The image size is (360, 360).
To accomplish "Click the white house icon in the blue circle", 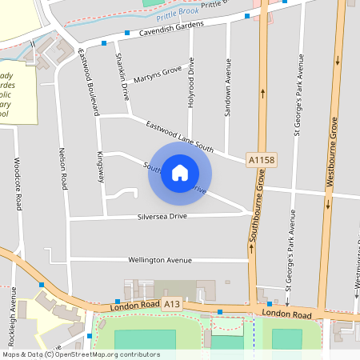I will pos(180,173).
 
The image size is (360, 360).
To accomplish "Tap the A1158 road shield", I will pos(262,161).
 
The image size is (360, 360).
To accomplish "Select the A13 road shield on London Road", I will pos(172,305).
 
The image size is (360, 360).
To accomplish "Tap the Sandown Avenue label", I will pos(228,89).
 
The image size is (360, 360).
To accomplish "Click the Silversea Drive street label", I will pos(162,217).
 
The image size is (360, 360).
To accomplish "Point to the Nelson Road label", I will pos(63,167).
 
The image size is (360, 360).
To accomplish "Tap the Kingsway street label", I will pos(101,166).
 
